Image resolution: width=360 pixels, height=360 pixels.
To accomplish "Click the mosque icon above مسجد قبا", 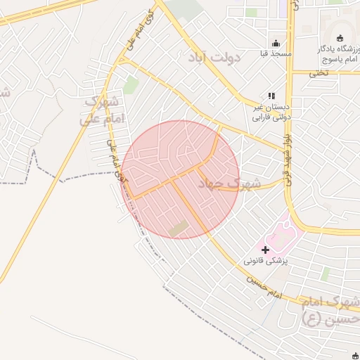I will tap(275, 41).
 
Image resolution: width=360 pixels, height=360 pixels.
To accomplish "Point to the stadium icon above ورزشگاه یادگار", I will tap(341, 38).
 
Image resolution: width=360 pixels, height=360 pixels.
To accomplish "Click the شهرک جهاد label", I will tap(229, 185).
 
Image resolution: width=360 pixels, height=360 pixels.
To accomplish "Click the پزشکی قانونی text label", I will tap(267, 260).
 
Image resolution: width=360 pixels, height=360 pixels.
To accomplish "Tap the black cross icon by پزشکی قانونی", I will tap(265, 249).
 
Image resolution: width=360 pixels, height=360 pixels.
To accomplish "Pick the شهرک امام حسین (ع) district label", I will tap(330, 310).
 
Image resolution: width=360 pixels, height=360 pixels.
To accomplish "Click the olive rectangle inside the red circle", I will tap(179, 228).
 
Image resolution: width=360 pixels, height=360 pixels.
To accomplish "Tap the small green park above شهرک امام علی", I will tap(131, 85).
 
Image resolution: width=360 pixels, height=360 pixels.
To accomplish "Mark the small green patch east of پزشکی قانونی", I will tap(324, 273).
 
